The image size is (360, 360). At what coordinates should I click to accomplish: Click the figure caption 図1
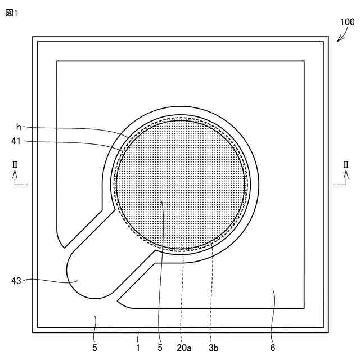coord(12,13)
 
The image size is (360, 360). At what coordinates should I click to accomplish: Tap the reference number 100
coord(347,22)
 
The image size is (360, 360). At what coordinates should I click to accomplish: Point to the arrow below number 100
coord(342,36)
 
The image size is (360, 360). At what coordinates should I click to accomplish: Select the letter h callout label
coord(19,127)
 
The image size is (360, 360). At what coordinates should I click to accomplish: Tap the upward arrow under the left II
coord(15,177)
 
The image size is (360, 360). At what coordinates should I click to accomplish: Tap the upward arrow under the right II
coord(346,177)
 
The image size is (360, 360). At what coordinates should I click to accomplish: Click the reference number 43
coord(15,280)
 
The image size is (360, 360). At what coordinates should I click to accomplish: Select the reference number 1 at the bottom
coord(138,348)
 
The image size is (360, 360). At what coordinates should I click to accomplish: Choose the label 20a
coord(183,348)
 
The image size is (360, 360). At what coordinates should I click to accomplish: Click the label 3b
coord(213,348)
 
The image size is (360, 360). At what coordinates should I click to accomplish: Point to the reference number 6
coord(273,348)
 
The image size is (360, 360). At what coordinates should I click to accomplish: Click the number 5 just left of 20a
coord(160,348)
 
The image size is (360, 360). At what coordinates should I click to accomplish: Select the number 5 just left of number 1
coord(95,348)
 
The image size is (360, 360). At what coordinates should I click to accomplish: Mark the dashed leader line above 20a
coord(182,292)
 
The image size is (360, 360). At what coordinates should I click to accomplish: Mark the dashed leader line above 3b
coord(211,292)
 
